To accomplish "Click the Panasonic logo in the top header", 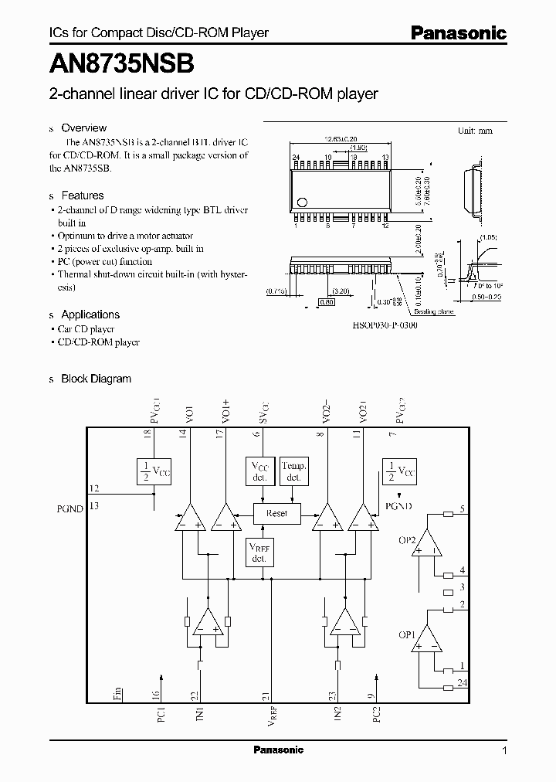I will tap(457, 33).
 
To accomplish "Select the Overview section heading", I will tap(83, 128).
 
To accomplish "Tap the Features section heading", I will tap(82, 195).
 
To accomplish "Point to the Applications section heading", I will tap(90, 314).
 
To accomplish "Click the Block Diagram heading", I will tap(96, 379).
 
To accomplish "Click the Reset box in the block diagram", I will tap(276, 513).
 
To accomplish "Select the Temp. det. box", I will tap(293, 471).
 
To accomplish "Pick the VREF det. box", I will tap(259, 552).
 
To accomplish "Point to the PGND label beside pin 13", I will tap(69, 508).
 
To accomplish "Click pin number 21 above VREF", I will tap(266, 695).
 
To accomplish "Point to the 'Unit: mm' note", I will tap(475, 131).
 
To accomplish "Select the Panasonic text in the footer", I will tap(279, 750).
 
